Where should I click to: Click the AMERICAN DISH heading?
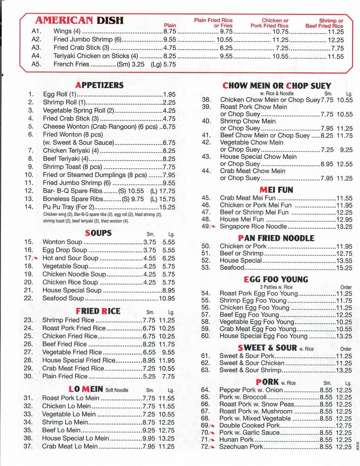pyautogui.click(x=79, y=20)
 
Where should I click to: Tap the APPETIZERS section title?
pyautogui.click(x=99, y=85)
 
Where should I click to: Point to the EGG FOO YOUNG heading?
pyautogui.click(x=276, y=279)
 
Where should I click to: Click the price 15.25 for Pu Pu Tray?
pyautogui.click(x=167, y=207)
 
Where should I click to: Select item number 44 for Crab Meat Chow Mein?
pyautogui.click(x=206, y=171)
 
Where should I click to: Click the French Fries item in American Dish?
pyautogui.click(x=71, y=64)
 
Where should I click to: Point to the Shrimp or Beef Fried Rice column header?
pyautogui.click(x=325, y=23)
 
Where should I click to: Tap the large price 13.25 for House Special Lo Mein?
pyautogui.click(x=167, y=438)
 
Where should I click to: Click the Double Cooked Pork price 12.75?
pyautogui.click(x=344, y=425)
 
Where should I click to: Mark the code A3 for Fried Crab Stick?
pyautogui.click(x=37, y=48)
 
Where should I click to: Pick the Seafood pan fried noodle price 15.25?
pyautogui.click(x=344, y=268)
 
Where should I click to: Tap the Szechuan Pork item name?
pyautogui.click(x=241, y=446)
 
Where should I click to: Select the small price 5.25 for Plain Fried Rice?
pyautogui.click(x=149, y=377)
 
